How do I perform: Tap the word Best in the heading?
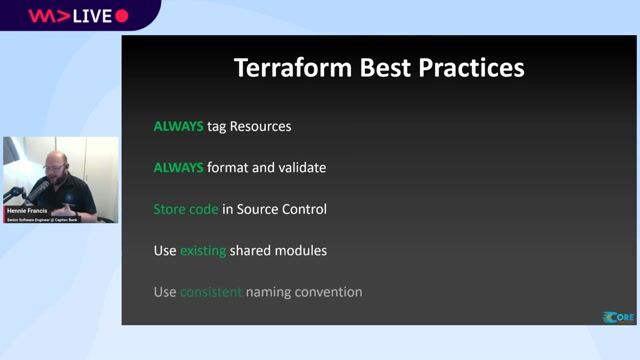tap(378, 68)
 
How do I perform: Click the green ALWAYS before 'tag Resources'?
tap(178, 127)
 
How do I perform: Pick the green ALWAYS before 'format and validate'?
tap(178, 168)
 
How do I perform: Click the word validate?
tap(301, 168)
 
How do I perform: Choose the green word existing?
tap(203, 250)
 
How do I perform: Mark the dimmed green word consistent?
tap(211, 292)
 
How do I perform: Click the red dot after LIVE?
tap(122, 16)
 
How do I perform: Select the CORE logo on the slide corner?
tap(618, 317)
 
